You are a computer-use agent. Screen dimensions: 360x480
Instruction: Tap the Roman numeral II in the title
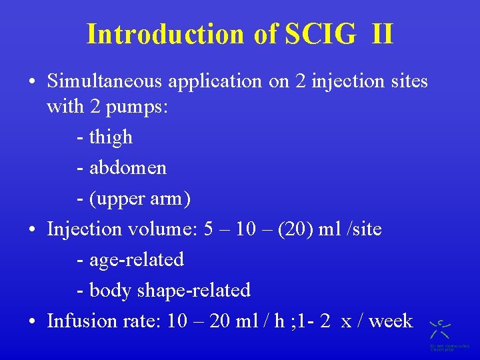click(381, 34)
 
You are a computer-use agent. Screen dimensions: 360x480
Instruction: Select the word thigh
click(111, 137)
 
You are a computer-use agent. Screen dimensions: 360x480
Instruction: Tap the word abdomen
click(127, 167)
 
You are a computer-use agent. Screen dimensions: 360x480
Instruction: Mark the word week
click(390, 321)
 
